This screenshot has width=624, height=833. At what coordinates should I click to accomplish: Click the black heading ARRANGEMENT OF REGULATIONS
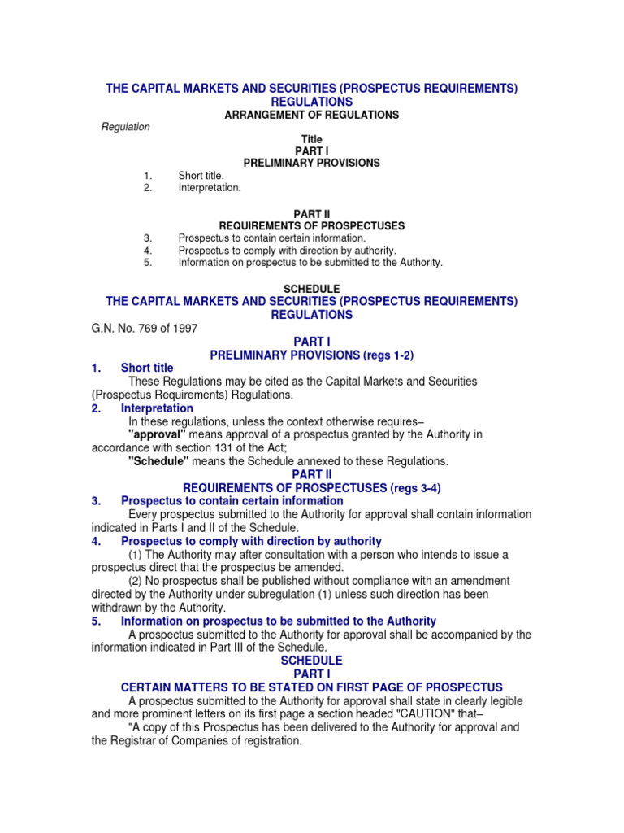(311, 116)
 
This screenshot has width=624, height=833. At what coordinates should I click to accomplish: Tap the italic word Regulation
(125, 128)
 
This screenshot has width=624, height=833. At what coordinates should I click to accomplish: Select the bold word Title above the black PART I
(312, 140)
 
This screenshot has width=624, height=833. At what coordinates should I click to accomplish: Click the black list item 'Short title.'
(201, 176)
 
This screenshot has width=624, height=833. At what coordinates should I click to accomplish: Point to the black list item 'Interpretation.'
(210, 188)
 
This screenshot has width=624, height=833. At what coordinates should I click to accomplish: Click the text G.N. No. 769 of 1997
(144, 329)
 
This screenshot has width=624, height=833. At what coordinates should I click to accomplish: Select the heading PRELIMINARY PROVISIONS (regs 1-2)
(312, 355)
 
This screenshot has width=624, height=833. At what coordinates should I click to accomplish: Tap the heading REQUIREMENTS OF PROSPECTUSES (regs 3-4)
(312, 488)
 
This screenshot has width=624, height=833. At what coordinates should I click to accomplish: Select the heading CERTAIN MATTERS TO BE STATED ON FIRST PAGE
(312, 687)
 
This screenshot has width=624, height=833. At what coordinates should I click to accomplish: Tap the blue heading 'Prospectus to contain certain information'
(232, 501)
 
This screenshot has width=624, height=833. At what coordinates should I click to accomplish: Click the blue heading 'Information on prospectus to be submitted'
(278, 621)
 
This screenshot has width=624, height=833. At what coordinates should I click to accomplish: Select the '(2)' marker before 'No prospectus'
(139, 581)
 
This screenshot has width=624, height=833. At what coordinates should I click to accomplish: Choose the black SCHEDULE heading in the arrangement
(311, 289)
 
